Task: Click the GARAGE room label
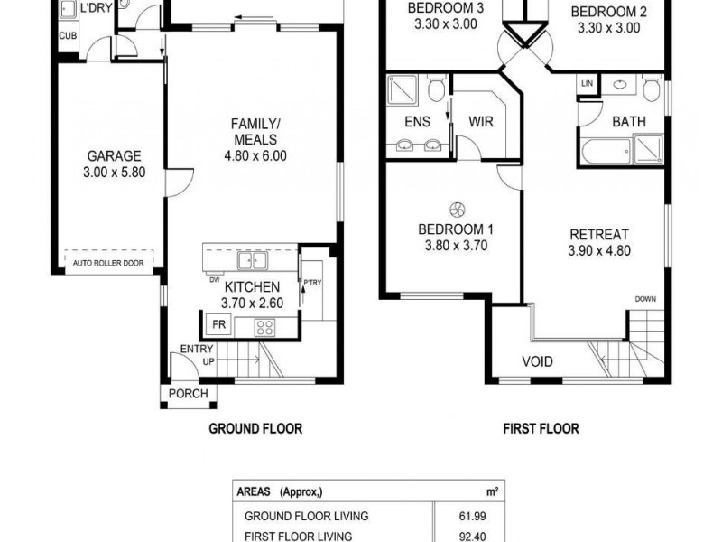click(115, 155)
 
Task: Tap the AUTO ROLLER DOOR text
click(108, 263)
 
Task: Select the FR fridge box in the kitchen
click(219, 324)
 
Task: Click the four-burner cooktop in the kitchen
click(265, 327)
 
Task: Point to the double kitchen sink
click(253, 260)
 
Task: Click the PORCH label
click(188, 394)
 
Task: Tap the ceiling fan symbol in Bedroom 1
click(458, 210)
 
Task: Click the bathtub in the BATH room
click(606, 149)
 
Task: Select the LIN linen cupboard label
click(588, 83)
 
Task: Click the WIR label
click(481, 122)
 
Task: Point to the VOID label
click(537, 361)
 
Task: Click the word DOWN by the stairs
click(645, 299)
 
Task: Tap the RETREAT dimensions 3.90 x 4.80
click(599, 251)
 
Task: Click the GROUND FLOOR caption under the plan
click(255, 428)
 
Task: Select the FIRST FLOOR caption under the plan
click(541, 428)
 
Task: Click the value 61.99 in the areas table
click(472, 516)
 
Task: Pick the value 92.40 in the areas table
click(472, 537)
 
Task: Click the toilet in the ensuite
click(435, 88)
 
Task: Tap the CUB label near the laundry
click(68, 35)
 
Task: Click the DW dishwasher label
click(215, 280)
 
